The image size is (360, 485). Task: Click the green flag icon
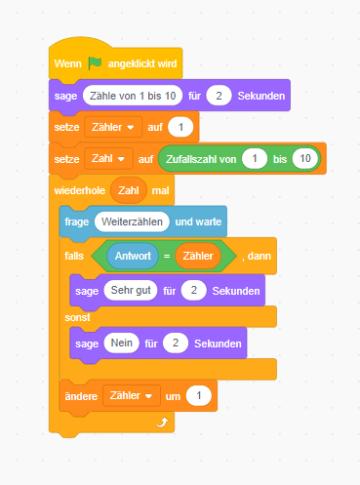[95, 62]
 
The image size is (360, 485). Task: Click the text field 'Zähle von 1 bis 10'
[133, 96]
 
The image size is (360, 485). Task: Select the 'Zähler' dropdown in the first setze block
[113, 127]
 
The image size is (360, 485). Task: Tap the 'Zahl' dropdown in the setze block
[108, 159]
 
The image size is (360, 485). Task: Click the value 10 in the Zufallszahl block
[305, 159]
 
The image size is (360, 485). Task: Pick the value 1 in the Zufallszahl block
[255, 159]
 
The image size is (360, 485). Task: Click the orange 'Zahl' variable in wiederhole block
[129, 190]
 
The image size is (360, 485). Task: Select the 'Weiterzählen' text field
[132, 222]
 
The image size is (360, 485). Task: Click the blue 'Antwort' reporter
[133, 256]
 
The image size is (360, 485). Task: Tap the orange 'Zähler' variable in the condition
[198, 256]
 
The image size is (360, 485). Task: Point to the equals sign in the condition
[167, 257]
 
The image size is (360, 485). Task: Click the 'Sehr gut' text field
[131, 290]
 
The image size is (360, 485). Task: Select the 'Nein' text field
[122, 343]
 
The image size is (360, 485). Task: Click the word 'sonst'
[77, 317]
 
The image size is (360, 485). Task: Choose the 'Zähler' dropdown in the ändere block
[132, 395]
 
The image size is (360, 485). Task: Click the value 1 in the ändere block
[199, 395]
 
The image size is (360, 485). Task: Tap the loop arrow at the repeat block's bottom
[162, 423]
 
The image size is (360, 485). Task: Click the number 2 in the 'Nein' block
[176, 343]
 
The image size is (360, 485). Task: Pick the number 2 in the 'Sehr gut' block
[194, 290]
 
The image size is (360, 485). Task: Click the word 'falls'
[74, 256]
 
